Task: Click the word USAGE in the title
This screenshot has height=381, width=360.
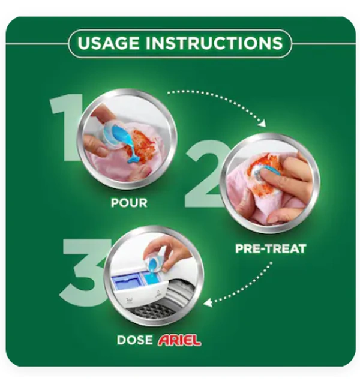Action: (109, 43)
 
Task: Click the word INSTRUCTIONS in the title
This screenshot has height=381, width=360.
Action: (214, 43)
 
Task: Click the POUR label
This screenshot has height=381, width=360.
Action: (129, 203)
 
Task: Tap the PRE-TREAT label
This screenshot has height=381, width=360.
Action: (271, 248)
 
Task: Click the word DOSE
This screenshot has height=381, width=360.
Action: (134, 340)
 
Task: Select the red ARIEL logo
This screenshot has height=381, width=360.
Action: (179, 340)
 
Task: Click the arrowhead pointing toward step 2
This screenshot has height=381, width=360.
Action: (263, 123)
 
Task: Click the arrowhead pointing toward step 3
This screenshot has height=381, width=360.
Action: (207, 303)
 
